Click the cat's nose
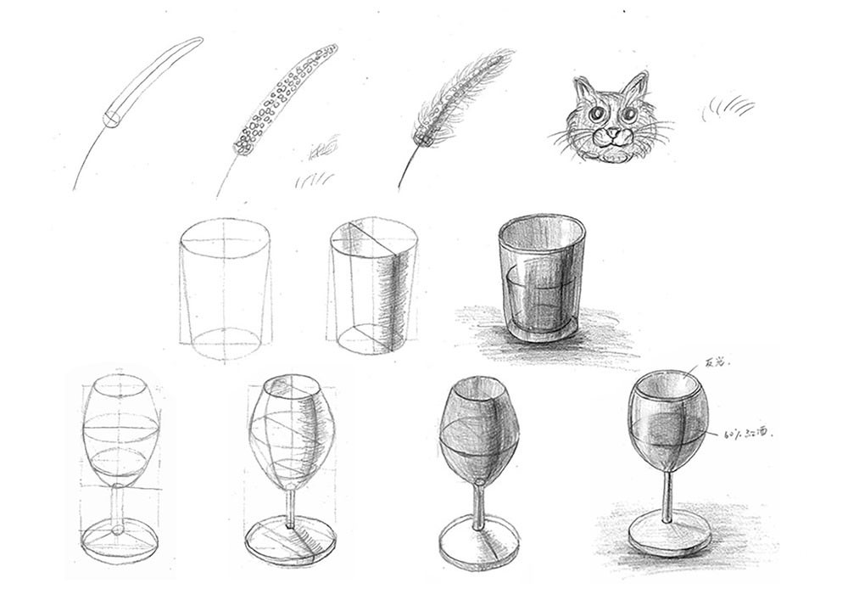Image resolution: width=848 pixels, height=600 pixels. [x=611, y=133]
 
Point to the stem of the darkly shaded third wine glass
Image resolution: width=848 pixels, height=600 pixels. [x=479, y=501]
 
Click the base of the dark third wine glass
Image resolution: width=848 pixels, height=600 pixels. [x=479, y=543]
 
